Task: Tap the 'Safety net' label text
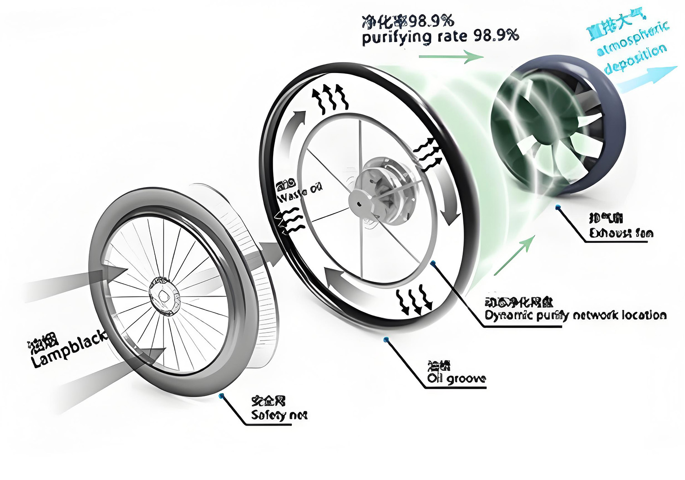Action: point(279,415)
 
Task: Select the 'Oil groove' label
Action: point(456,379)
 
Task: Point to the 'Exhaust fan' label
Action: point(621,233)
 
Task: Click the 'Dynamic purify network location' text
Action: point(575,315)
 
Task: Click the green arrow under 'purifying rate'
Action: point(451,57)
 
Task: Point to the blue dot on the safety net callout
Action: point(221,396)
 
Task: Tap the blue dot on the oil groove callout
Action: point(386,339)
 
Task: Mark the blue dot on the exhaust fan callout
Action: point(558,207)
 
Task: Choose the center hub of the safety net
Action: point(164,297)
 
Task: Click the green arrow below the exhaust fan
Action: point(514,256)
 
